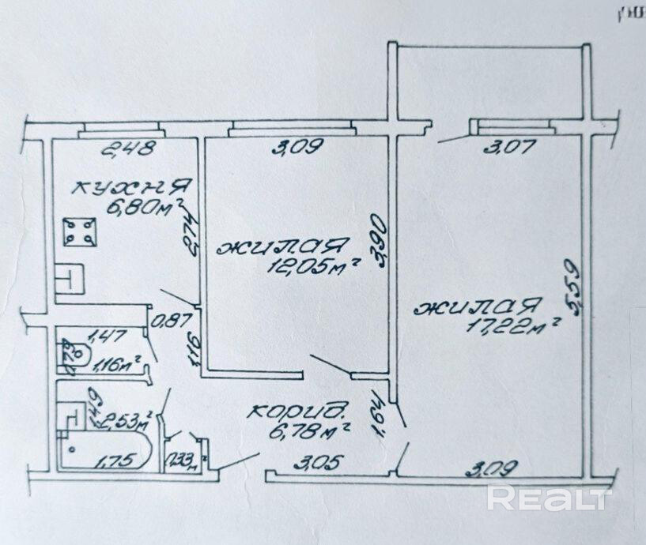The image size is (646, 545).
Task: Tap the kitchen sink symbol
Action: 68,278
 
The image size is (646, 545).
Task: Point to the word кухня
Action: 130,189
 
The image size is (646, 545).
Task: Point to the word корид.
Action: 299,410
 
